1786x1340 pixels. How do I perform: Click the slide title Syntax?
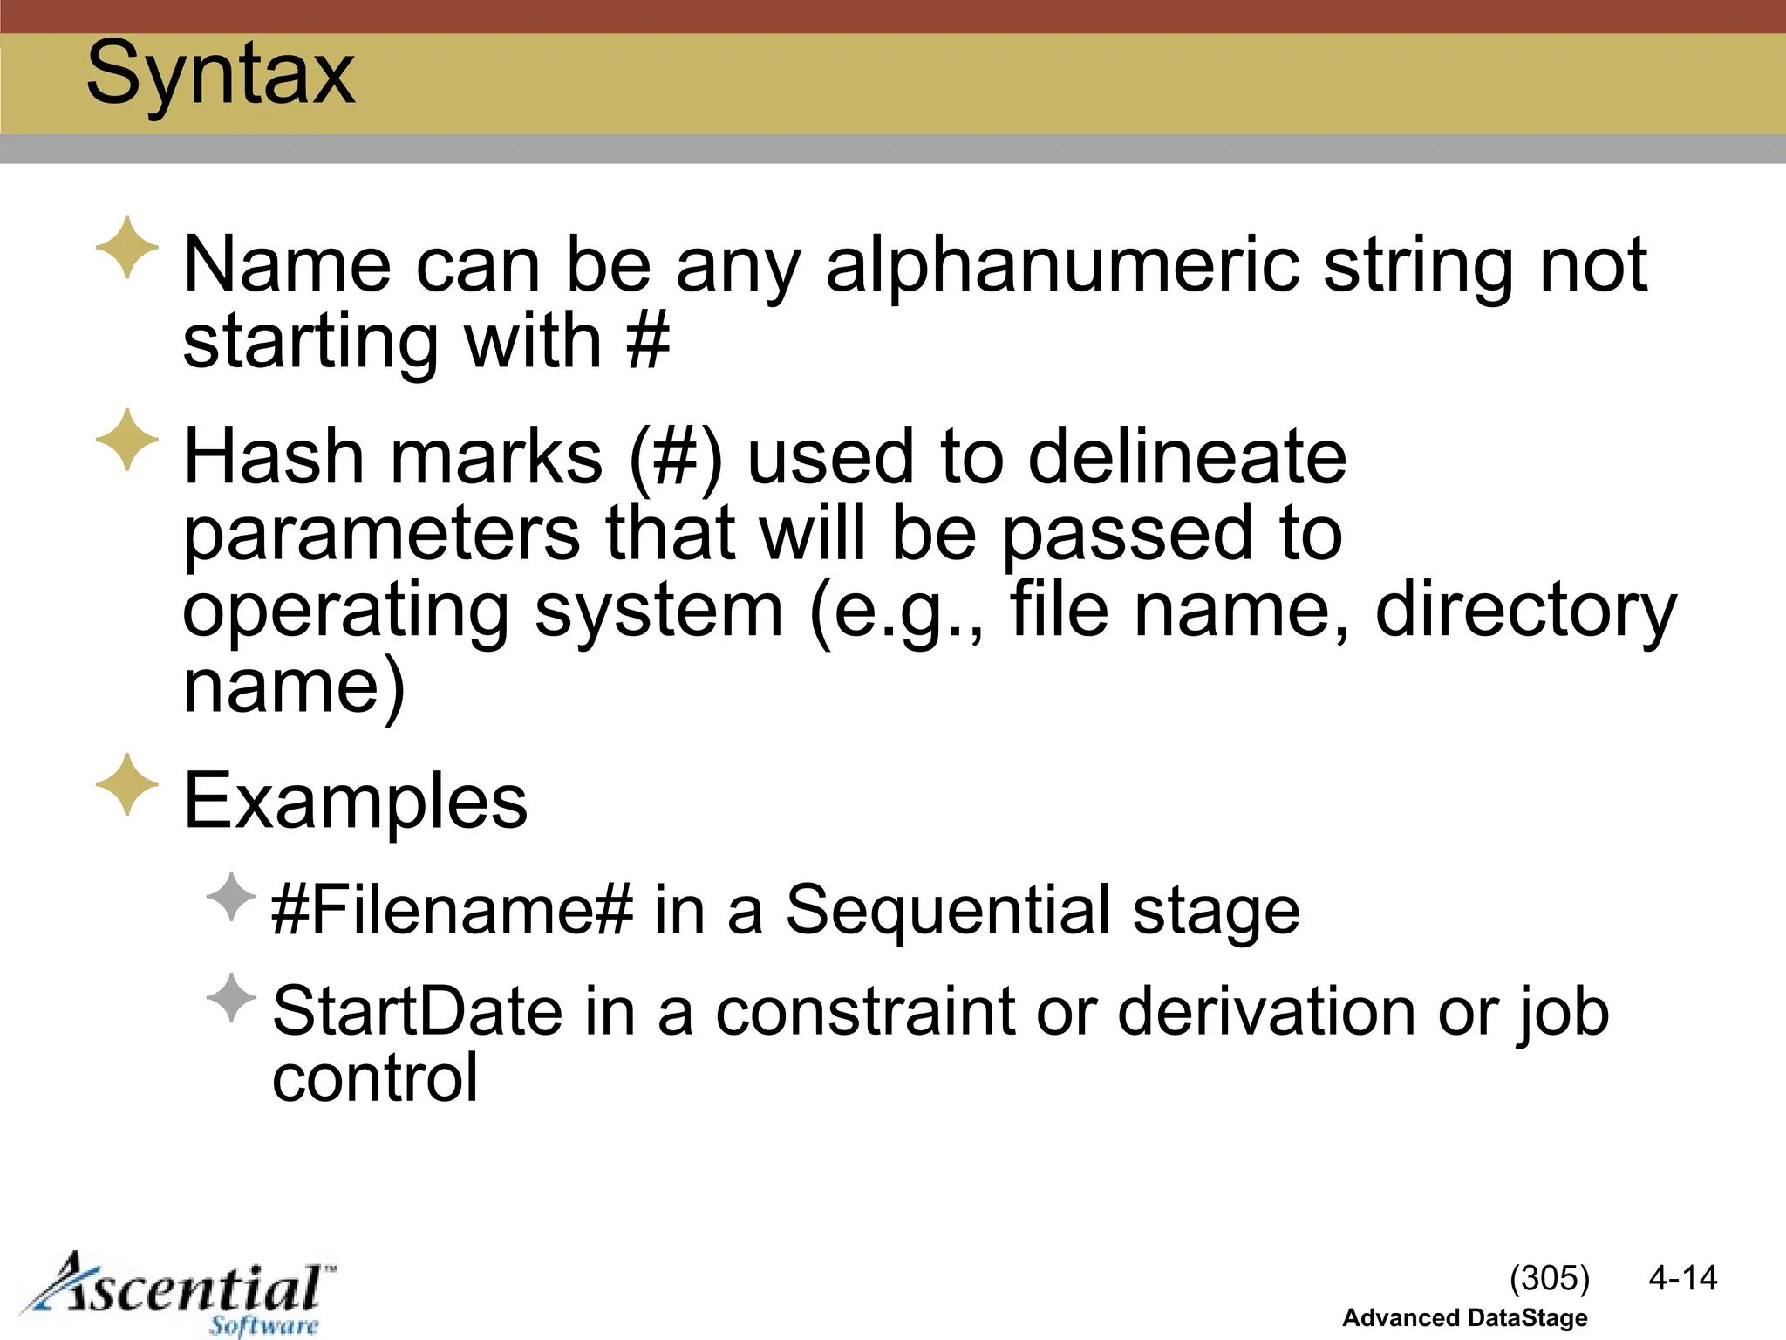coord(221,74)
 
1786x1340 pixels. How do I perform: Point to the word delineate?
coord(1187,456)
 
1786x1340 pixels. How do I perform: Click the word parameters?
coord(381,533)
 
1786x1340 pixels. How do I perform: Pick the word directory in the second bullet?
coord(1525,610)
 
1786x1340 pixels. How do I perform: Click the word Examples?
coord(356,801)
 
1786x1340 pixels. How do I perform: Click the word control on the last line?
coord(375,1078)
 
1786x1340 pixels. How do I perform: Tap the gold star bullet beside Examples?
coord(127,784)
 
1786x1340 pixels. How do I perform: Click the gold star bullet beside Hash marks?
coord(127,440)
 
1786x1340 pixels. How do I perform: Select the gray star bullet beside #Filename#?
coord(232,896)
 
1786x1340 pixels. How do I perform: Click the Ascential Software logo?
coord(179,1295)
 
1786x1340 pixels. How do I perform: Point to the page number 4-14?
coord(1682,1278)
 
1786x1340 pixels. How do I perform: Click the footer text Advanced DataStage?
coord(1464,1317)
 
